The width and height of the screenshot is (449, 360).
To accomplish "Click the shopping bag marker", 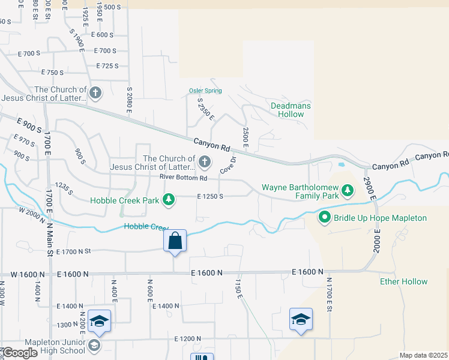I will click(x=175, y=241).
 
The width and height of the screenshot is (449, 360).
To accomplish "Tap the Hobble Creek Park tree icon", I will click(x=169, y=200).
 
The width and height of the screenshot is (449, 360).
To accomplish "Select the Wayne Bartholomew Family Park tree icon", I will click(x=347, y=191).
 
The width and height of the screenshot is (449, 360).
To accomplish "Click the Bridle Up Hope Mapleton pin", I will click(x=325, y=218).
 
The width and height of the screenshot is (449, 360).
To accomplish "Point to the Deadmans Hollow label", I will click(x=291, y=110).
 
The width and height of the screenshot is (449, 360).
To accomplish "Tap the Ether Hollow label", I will click(x=403, y=281).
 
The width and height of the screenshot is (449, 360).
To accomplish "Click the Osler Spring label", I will click(x=205, y=91).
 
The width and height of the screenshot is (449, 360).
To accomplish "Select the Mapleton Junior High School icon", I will click(x=94, y=345).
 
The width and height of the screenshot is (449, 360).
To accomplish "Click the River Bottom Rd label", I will click(x=183, y=178).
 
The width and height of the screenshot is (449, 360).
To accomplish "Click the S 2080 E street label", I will click(x=129, y=100).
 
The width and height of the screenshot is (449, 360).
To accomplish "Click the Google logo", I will click(x=19, y=353).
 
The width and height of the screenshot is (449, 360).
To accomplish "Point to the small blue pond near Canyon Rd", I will click(x=342, y=163).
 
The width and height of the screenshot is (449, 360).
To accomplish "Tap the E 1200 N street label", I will click(x=191, y=339).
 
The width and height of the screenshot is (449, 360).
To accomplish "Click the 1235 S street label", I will click(x=64, y=189).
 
